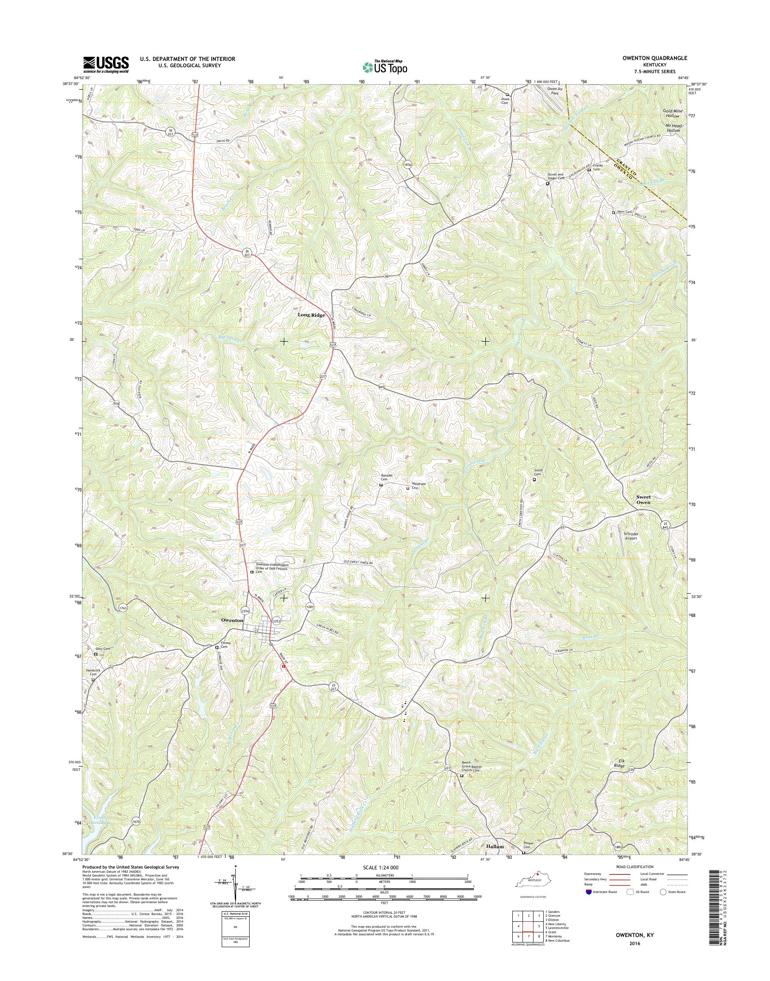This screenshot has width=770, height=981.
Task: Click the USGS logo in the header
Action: [x=106, y=64]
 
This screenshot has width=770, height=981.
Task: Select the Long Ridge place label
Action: [x=311, y=315]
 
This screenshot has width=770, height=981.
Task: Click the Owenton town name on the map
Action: [x=232, y=620]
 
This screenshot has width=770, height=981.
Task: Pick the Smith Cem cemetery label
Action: [x=538, y=472]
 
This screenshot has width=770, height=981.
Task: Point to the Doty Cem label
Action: [x=103, y=649]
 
